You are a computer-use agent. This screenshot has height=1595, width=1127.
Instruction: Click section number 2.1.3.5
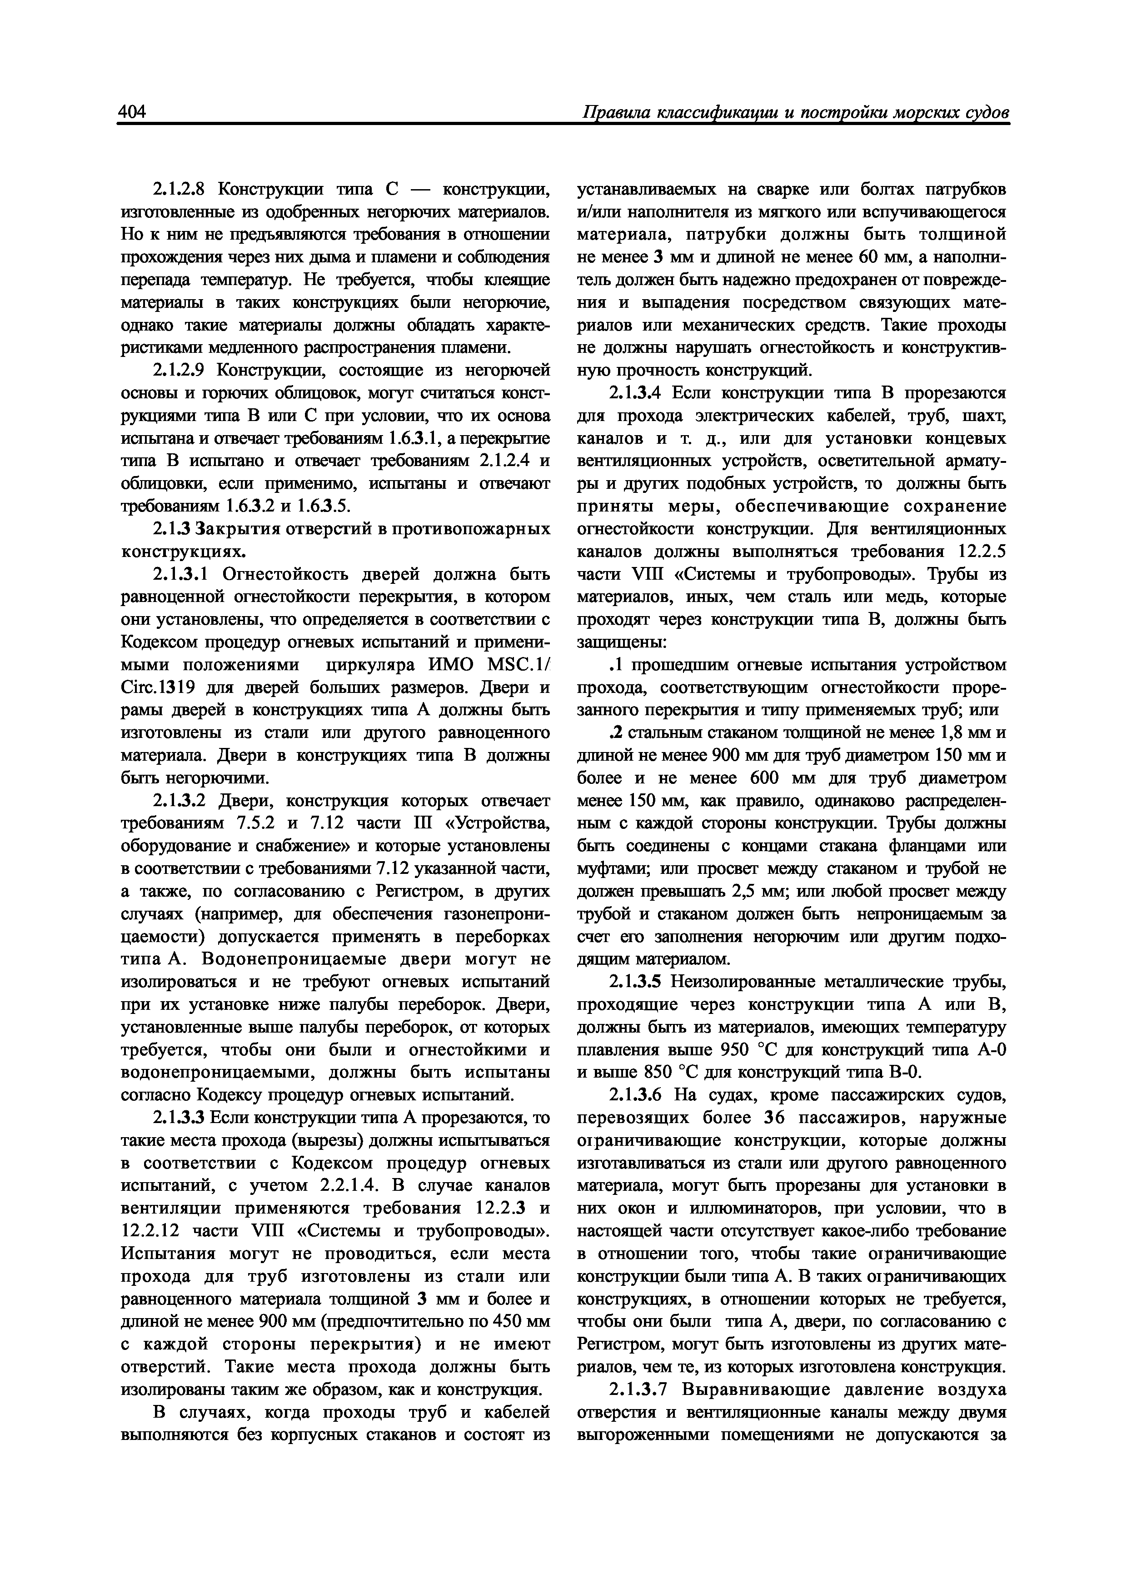(638, 982)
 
